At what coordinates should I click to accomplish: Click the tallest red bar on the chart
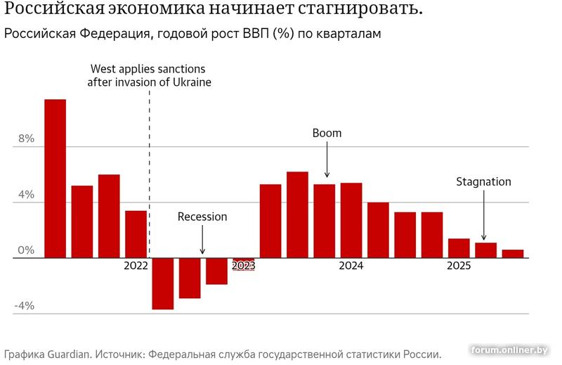(55, 179)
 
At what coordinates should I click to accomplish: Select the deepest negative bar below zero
(163, 283)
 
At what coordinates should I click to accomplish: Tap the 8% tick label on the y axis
(26, 139)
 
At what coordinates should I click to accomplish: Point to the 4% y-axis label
(26, 195)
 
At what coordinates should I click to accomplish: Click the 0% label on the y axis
(26, 250)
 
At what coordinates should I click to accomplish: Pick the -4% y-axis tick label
(24, 306)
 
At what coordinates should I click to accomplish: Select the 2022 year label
(136, 266)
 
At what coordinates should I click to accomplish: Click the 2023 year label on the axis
(243, 266)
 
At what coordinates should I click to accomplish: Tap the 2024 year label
(351, 266)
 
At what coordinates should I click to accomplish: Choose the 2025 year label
(459, 266)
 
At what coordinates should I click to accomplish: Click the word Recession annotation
(202, 217)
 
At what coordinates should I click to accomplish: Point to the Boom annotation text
(327, 133)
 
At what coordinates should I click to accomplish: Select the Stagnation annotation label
(483, 181)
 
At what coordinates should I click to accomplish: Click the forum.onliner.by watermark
(509, 350)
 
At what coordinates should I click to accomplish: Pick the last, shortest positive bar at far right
(513, 254)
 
